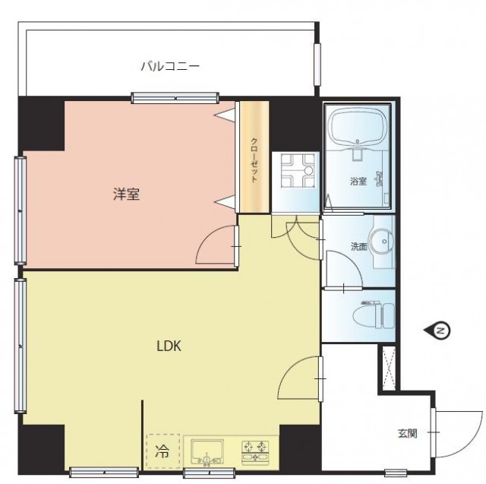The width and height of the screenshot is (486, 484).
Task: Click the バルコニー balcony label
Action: (x=170, y=66)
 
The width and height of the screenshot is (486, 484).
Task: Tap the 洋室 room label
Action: (x=126, y=194)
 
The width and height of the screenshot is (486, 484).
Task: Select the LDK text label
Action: (x=169, y=346)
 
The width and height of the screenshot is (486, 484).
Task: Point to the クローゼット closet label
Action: (x=254, y=160)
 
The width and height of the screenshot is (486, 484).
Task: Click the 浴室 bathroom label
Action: (x=358, y=182)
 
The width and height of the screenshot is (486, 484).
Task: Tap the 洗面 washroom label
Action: (x=359, y=246)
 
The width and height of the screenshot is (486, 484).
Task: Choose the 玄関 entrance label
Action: (x=407, y=433)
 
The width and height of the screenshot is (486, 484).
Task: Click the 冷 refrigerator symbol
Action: (x=163, y=451)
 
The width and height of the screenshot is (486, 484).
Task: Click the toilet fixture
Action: (x=374, y=315)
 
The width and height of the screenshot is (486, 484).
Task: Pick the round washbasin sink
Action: (x=381, y=242)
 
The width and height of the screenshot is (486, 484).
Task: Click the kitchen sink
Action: (x=207, y=451)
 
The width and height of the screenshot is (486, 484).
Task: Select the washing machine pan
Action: (x=297, y=171)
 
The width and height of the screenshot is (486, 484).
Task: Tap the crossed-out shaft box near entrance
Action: (x=389, y=368)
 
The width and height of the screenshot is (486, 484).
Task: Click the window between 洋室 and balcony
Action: (x=175, y=98)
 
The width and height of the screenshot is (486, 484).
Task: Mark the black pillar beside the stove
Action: (x=301, y=447)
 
